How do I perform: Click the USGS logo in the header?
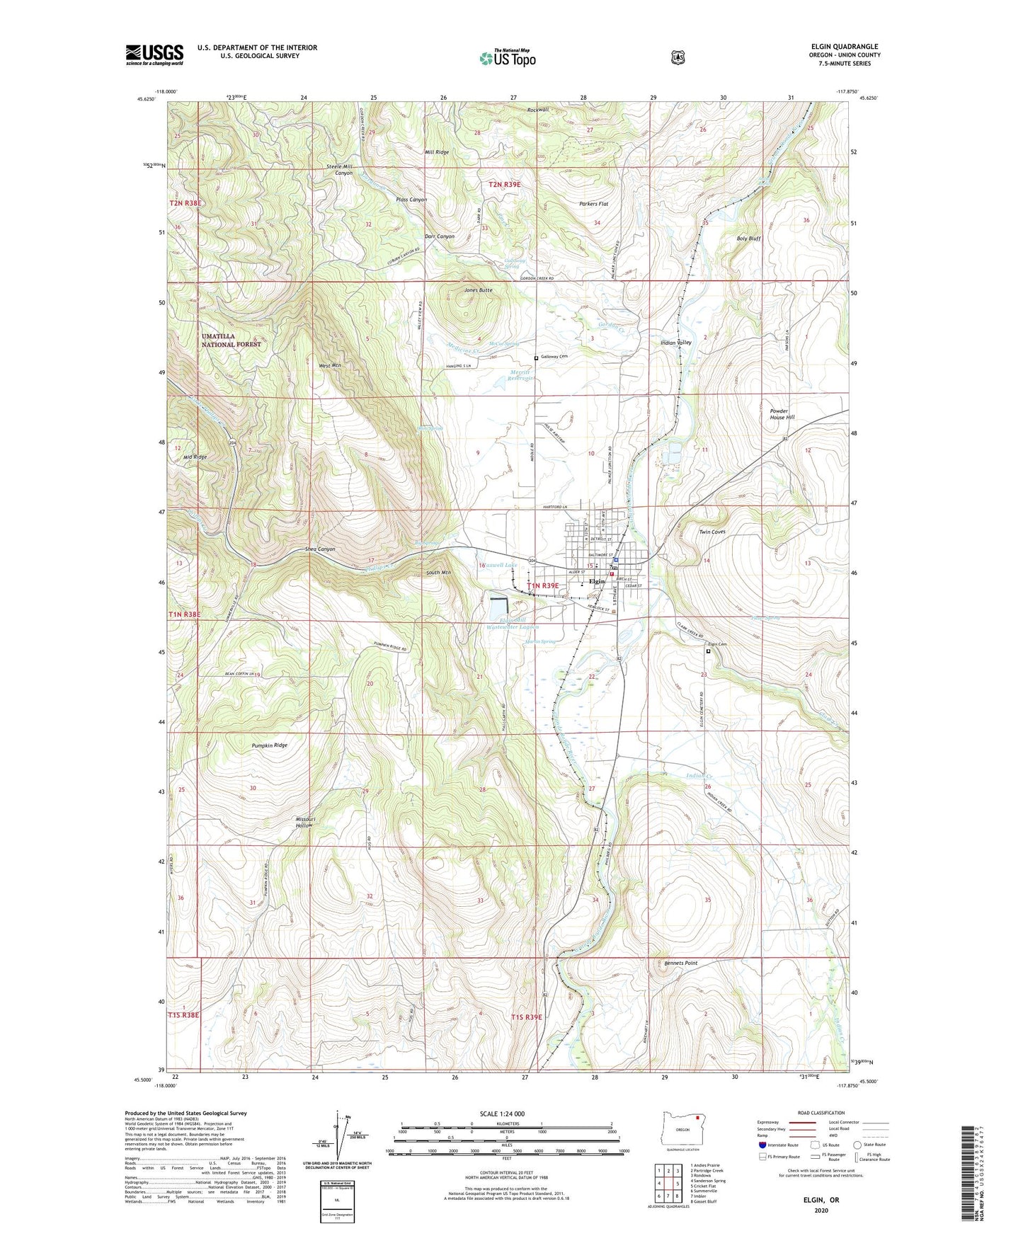coord(154,55)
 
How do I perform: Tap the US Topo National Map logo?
coord(506,57)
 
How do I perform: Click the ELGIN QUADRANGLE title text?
coord(844,47)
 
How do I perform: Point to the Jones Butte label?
coord(478,290)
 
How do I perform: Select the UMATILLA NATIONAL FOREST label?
coord(231,340)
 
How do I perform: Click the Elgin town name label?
coord(597,581)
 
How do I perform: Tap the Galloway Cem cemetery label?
coord(555,357)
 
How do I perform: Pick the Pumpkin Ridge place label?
coord(269,745)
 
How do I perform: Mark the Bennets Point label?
coord(681,963)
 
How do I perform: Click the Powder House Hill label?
coord(782,414)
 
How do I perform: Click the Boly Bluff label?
coord(748,239)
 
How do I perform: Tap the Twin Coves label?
coord(712,532)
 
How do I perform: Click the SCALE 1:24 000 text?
coord(502,1114)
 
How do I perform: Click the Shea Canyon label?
coord(320,549)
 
